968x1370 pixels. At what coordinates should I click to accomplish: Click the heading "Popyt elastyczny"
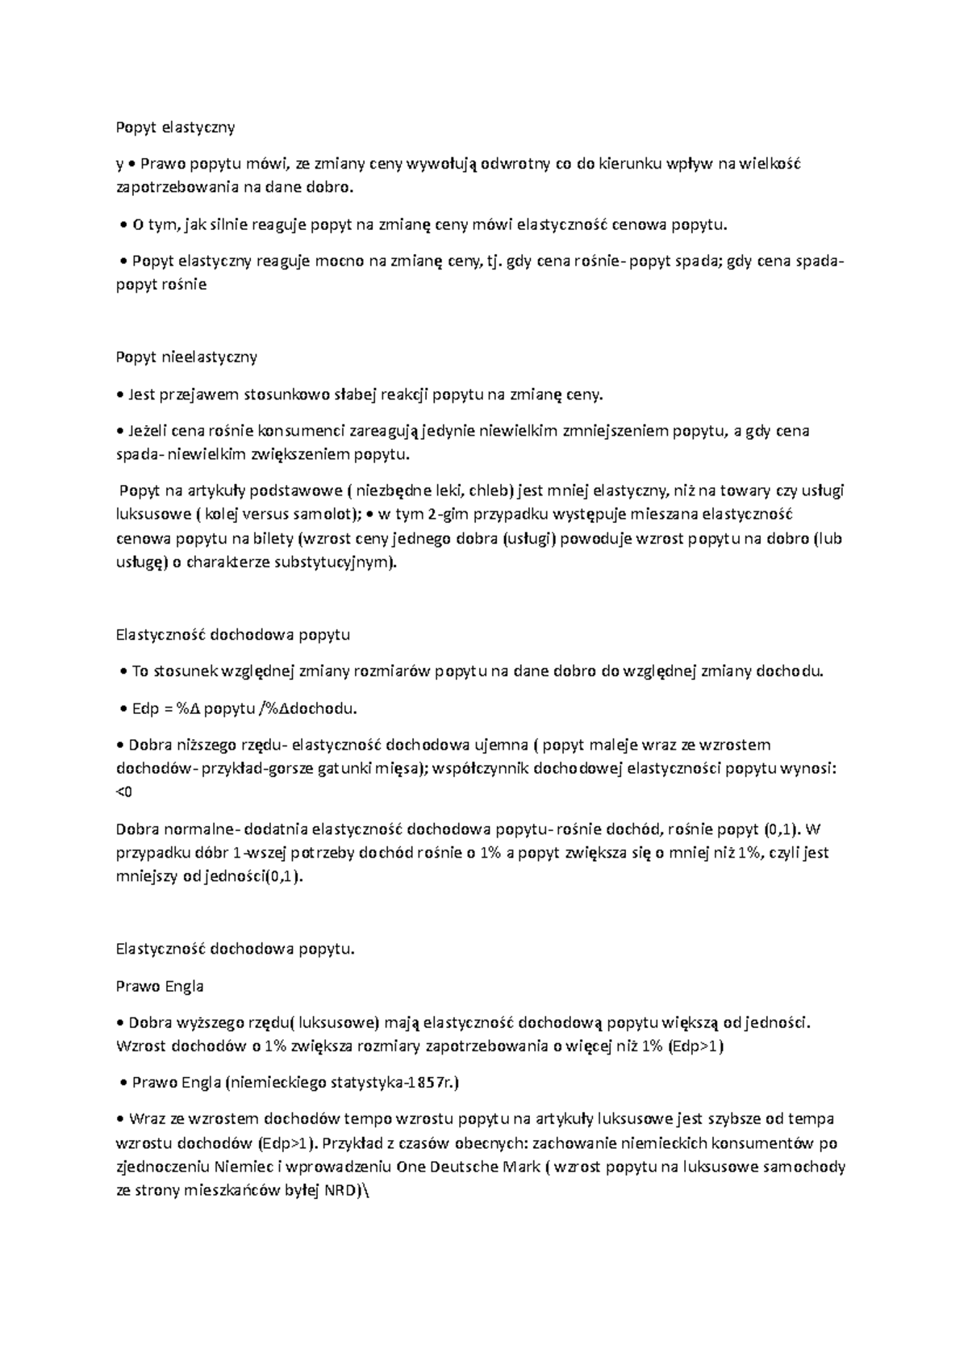pos(175,127)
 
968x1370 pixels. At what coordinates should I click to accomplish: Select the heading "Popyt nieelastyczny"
pos(186,357)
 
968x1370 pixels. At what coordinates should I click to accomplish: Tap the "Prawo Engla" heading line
pos(160,986)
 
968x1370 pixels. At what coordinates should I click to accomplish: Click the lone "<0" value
pos(124,792)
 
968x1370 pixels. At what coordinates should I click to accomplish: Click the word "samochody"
pos(809,1167)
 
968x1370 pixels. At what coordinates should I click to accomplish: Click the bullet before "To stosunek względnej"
pos(123,672)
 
